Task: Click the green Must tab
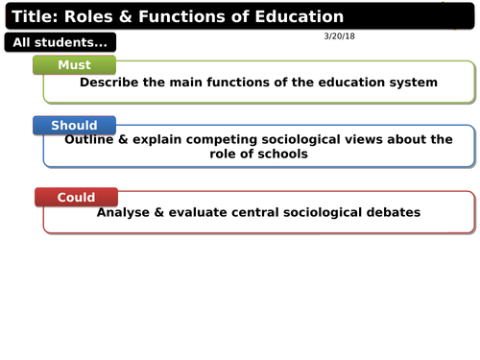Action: (x=74, y=64)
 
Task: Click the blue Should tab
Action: (x=74, y=125)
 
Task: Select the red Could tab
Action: (x=76, y=197)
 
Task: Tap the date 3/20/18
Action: (x=341, y=36)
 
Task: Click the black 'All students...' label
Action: (x=60, y=42)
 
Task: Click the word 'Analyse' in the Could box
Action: (x=128, y=212)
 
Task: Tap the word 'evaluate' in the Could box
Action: (x=213, y=212)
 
